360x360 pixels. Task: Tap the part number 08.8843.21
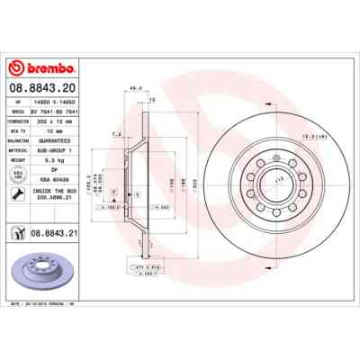tap(51, 231)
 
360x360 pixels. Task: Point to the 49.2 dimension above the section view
tap(136, 88)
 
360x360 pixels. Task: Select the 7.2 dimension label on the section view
tap(117, 134)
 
